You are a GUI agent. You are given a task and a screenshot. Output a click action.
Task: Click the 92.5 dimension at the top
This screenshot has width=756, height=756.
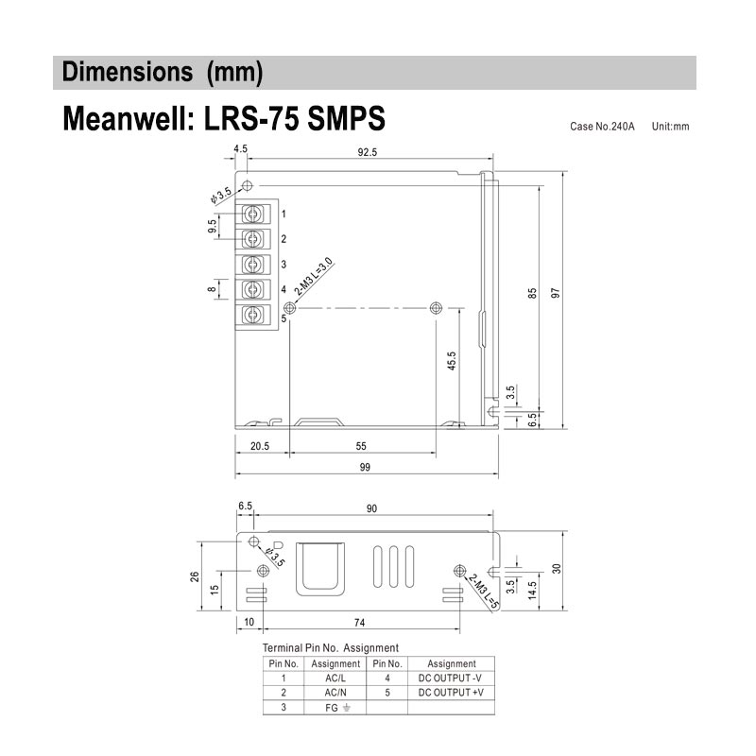tap(367, 152)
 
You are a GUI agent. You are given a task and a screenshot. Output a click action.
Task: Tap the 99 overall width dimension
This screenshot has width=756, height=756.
tap(365, 467)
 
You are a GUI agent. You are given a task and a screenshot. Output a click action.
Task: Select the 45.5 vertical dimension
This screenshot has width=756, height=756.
tap(452, 361)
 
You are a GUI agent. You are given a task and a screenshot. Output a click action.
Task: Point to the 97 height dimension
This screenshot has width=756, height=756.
tap(556, 293)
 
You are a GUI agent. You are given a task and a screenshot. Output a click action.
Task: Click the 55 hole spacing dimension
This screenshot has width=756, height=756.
tap(361, 446)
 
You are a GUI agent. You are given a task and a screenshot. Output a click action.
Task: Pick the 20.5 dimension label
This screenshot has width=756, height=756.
tap(260, 446)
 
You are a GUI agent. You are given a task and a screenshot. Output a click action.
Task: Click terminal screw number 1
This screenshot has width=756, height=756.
tap(252, 214)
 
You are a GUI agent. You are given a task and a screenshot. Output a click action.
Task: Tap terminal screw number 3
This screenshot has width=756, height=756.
tap(252, 265)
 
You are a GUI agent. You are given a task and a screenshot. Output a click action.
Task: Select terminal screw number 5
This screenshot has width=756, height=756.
tap(252, 315)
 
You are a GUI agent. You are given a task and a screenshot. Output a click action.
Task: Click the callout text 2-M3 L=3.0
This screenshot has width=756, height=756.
tap(314, 277)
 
